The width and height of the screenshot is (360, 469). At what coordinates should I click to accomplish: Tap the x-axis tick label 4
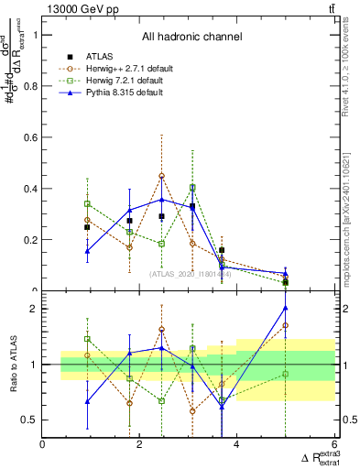point(237,445)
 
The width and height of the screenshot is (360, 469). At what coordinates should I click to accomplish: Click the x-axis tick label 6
point(333,445)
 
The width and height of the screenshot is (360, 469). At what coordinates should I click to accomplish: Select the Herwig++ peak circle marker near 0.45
point(162,176)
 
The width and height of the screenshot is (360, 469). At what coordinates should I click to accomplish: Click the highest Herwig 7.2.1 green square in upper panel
point(192,188)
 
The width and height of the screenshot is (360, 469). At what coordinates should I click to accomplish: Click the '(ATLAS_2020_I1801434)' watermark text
point(190,273)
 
